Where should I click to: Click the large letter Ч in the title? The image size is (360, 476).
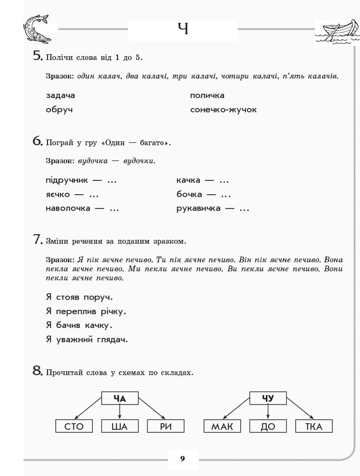click(x=183, y=29)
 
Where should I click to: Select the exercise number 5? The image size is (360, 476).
click(x=38, y=56)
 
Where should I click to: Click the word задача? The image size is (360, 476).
click(x=60, y=96)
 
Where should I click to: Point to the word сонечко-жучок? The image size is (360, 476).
click(x=223, y=110)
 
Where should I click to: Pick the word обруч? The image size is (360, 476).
click(x=59, y=110)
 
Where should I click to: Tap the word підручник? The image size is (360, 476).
click(x=67, y=180)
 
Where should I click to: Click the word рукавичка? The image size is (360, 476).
click(x=198, y=208)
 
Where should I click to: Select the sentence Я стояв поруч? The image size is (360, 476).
click(x=79, y=297)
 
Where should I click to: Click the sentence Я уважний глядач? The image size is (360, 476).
click(x=87, y=339)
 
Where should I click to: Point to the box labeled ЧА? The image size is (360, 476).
click(x=120, y=398)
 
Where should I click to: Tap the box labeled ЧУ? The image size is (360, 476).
click(x=268, y=398)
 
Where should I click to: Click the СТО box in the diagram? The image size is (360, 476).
click(x=74, y=426)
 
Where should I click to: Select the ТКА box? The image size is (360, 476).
click(x=314, y=426)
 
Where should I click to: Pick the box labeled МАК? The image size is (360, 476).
click(x=222, y=426)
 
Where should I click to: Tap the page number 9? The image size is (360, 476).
click(x=183, y=459)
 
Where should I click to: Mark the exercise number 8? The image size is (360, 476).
click(x=38, y=371)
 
